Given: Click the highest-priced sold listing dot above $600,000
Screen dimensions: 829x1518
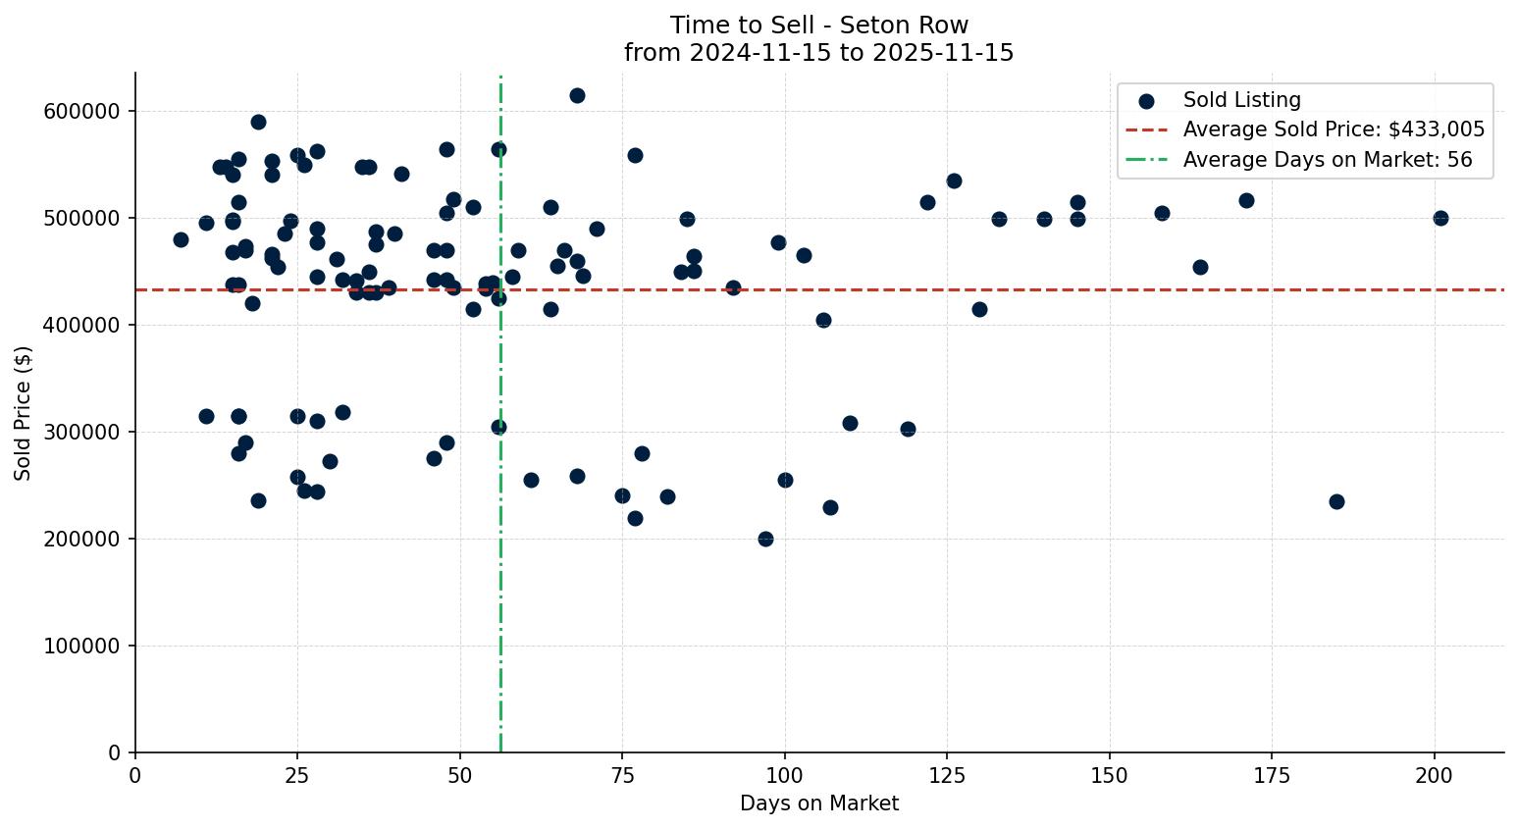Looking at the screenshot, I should click(x=577, y=95).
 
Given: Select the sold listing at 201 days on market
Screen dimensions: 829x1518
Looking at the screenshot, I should click(x=1440, y=218).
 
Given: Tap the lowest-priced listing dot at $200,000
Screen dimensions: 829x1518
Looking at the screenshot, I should click(x=765, y=539).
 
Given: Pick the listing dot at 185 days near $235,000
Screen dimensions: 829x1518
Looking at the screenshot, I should click(x=1336, y=501).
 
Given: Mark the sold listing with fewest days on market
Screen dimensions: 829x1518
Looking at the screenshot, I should click(x=181, y=239).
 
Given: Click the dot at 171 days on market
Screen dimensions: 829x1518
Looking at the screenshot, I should click(x=1246, y=200).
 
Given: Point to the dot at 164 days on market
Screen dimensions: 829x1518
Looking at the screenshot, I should click(x=1200, y=267).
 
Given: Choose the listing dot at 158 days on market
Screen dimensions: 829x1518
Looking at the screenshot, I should click(x=1162, y=213).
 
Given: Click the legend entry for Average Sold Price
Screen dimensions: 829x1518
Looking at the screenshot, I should click(x=1333, y=130).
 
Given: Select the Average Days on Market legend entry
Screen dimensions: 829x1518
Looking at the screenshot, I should click(x=1327, y=160).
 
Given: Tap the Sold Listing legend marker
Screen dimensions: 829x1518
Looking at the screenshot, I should click(x=1146, y=100).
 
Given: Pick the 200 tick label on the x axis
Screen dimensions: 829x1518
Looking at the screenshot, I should click(x=1435, y=775).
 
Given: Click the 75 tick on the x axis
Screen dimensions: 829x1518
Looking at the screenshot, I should click(x=622, y=775).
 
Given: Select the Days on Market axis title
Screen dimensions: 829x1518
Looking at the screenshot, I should click(x=819, y=803).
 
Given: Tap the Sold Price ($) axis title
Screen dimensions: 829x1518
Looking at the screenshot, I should click(x=24, y=413).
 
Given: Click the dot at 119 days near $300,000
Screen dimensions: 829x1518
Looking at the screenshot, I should click(x=908, y=429).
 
